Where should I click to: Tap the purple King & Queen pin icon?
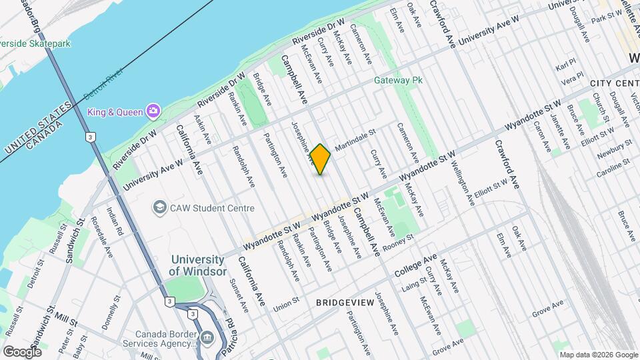coord(154,110)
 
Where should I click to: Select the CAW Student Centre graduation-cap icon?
coord(159,208)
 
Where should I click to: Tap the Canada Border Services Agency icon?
coord(207,338)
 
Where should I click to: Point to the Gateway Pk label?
coord(399,80)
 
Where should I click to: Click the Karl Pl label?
coord(565,67)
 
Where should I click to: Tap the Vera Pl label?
coord(571,80)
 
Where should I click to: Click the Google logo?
coord(22,351)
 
